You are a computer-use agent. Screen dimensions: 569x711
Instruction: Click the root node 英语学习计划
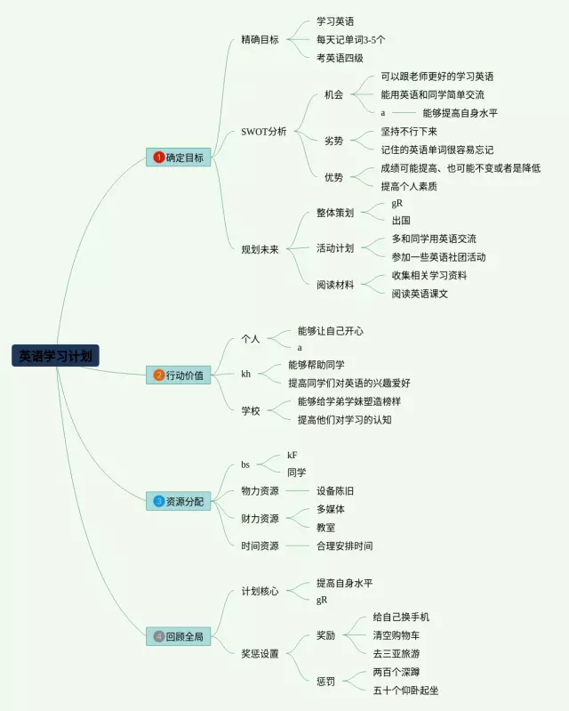click(55, 356)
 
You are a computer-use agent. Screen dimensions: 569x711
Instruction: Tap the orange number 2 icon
click(159, 376)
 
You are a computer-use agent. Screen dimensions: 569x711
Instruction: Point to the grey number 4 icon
click(159, 636)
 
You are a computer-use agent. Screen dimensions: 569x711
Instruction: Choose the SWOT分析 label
click(264, 132)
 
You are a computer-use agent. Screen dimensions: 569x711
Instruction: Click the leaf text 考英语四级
click(340, 58)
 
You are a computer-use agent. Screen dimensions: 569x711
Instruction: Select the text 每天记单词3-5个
click(351, 39)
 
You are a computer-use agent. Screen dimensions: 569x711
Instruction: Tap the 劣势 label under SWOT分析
click(333, 141)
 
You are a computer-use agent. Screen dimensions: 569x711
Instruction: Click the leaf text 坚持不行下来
click(409, 132)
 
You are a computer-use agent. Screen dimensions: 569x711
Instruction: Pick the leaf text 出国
click(401, 220)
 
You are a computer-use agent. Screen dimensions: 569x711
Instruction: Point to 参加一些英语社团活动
click(439, 257)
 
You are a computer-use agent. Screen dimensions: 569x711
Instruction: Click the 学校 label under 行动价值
click(251, 410)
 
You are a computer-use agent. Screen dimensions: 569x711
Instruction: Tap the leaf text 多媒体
click(331, 509)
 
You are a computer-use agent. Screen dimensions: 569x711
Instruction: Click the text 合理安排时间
click(345, 545)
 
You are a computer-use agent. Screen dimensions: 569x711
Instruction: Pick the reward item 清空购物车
click(397, 635)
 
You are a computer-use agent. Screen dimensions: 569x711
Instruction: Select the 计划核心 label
click(260, 591)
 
